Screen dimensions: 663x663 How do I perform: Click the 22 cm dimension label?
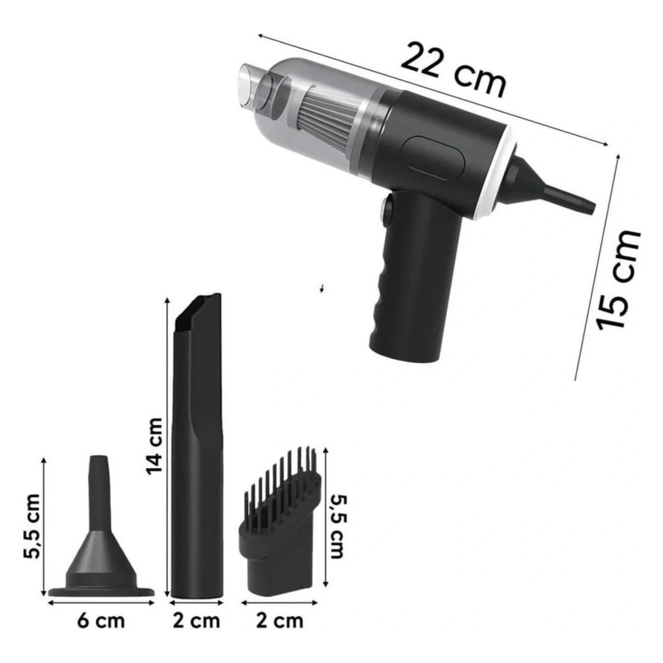pos(454,70)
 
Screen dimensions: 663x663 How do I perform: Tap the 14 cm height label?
pos(154,446)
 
